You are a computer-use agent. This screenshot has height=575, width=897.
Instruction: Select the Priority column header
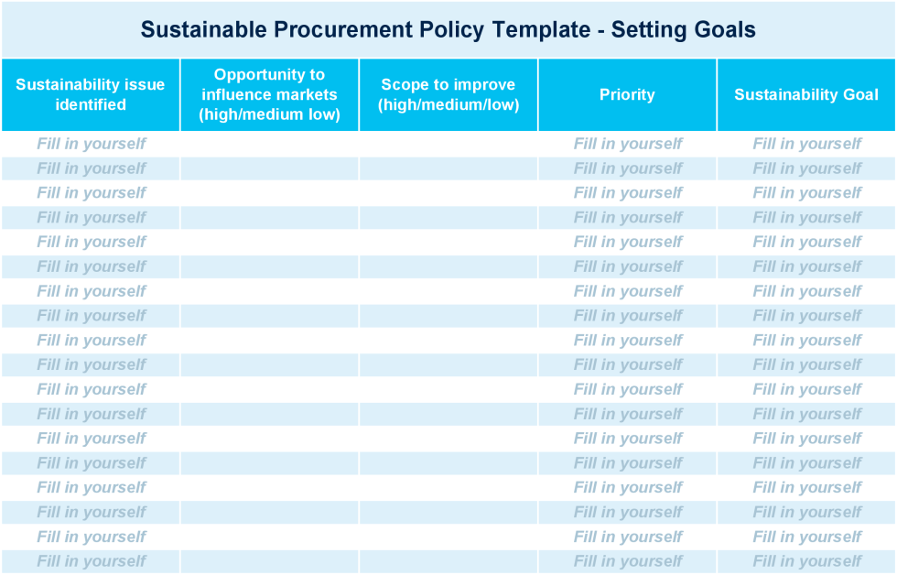[627, 94]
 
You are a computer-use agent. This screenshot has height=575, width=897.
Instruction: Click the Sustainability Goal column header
[806, 94]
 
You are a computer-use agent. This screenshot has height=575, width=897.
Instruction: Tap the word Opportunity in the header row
[269, 74]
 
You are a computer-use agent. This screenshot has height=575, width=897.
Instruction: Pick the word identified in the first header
[91, 104]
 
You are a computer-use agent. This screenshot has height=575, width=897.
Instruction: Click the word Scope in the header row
[404, 84]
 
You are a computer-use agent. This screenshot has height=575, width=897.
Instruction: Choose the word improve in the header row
[484, 84]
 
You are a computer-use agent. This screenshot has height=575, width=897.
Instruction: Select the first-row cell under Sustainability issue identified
[91, 144]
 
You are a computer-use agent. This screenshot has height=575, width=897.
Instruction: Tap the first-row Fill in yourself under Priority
[628, 144]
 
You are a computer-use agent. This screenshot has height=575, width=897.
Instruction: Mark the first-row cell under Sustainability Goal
[807, 144]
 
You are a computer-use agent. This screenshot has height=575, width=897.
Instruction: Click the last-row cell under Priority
[628, 561]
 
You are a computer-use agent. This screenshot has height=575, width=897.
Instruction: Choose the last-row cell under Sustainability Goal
[807, 561]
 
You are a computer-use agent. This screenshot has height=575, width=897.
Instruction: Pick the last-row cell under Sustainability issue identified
[91, 561]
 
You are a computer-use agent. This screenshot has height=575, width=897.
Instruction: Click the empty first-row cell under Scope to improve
[448, 144]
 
